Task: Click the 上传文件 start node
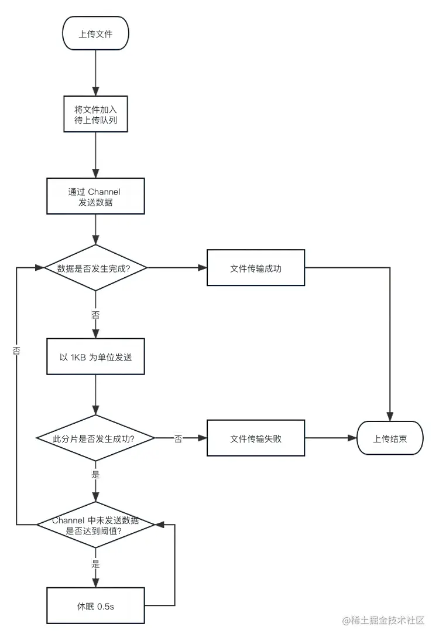click(x=95, y=35)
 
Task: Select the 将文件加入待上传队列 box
click(x=95, y=115)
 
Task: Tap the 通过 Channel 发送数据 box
click(x=95, y=196)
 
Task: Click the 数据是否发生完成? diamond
click(x=95, y=268)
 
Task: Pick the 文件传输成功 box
click(x=256, y=268)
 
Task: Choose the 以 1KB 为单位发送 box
click(x=95, y=356)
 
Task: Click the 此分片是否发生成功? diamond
click(x=95, y=438)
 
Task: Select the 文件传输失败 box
click(x=256, y=438)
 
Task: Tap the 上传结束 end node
click(x=390, y=438)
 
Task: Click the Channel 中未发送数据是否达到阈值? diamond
click(x=95, y=525)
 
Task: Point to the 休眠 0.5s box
click(x=95, y=606)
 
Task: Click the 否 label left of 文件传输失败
click(x=178, y=438)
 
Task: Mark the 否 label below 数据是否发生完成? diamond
click(x=95, y=314)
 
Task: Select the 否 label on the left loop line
click(x=16, y=350)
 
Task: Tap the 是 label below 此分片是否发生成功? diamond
click(x=95, y=475)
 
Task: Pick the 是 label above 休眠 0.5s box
click(x=95, y=564)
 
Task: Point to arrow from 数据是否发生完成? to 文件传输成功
click(x=176, y=268)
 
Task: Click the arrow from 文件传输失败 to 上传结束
click(x=331, y=438)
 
